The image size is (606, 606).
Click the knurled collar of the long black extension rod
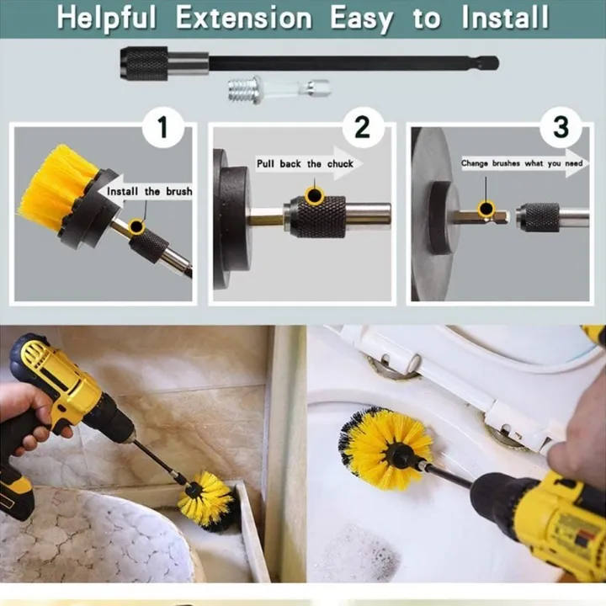click(146, 62)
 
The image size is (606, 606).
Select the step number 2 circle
click(362, 126)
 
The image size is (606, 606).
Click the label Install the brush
click(148, 191)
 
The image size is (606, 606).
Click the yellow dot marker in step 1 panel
click(136, 226)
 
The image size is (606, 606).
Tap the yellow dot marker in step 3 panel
click(486, 209)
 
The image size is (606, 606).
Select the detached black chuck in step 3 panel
click(539, 217)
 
